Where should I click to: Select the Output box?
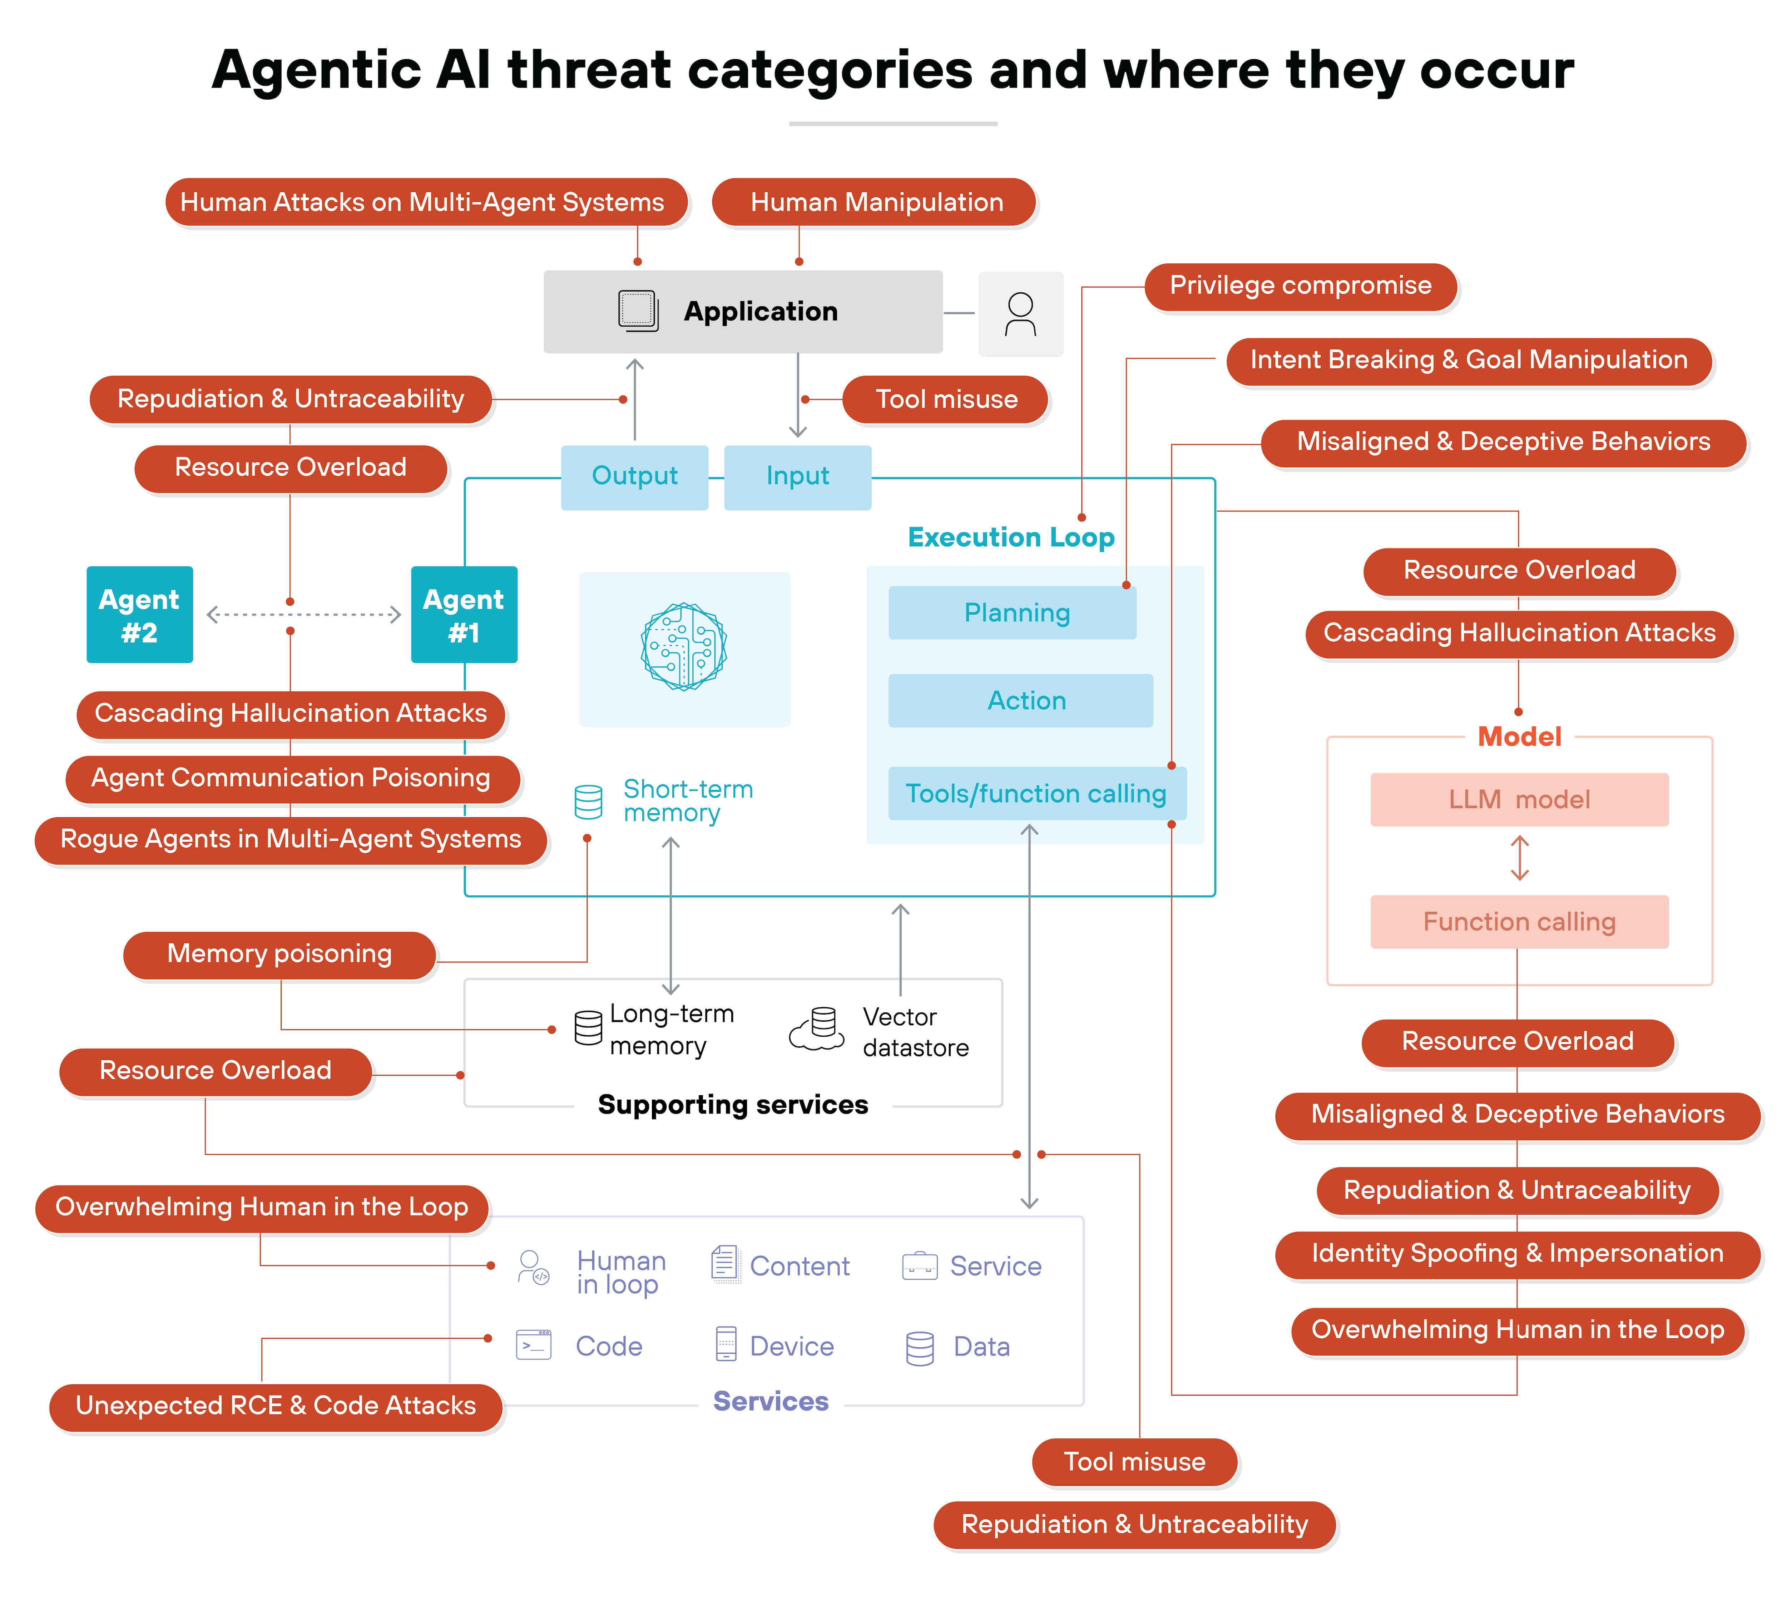(x=635, y=477)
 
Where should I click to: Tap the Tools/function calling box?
(x=1036, y=793)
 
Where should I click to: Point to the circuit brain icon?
(x=683, y=647)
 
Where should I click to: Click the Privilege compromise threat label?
(x=1300, y=286)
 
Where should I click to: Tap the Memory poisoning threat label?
(x=279, y=954)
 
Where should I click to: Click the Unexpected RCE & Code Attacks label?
(x=276, y=1406)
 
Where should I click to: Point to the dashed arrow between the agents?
(x=303, y=614)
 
